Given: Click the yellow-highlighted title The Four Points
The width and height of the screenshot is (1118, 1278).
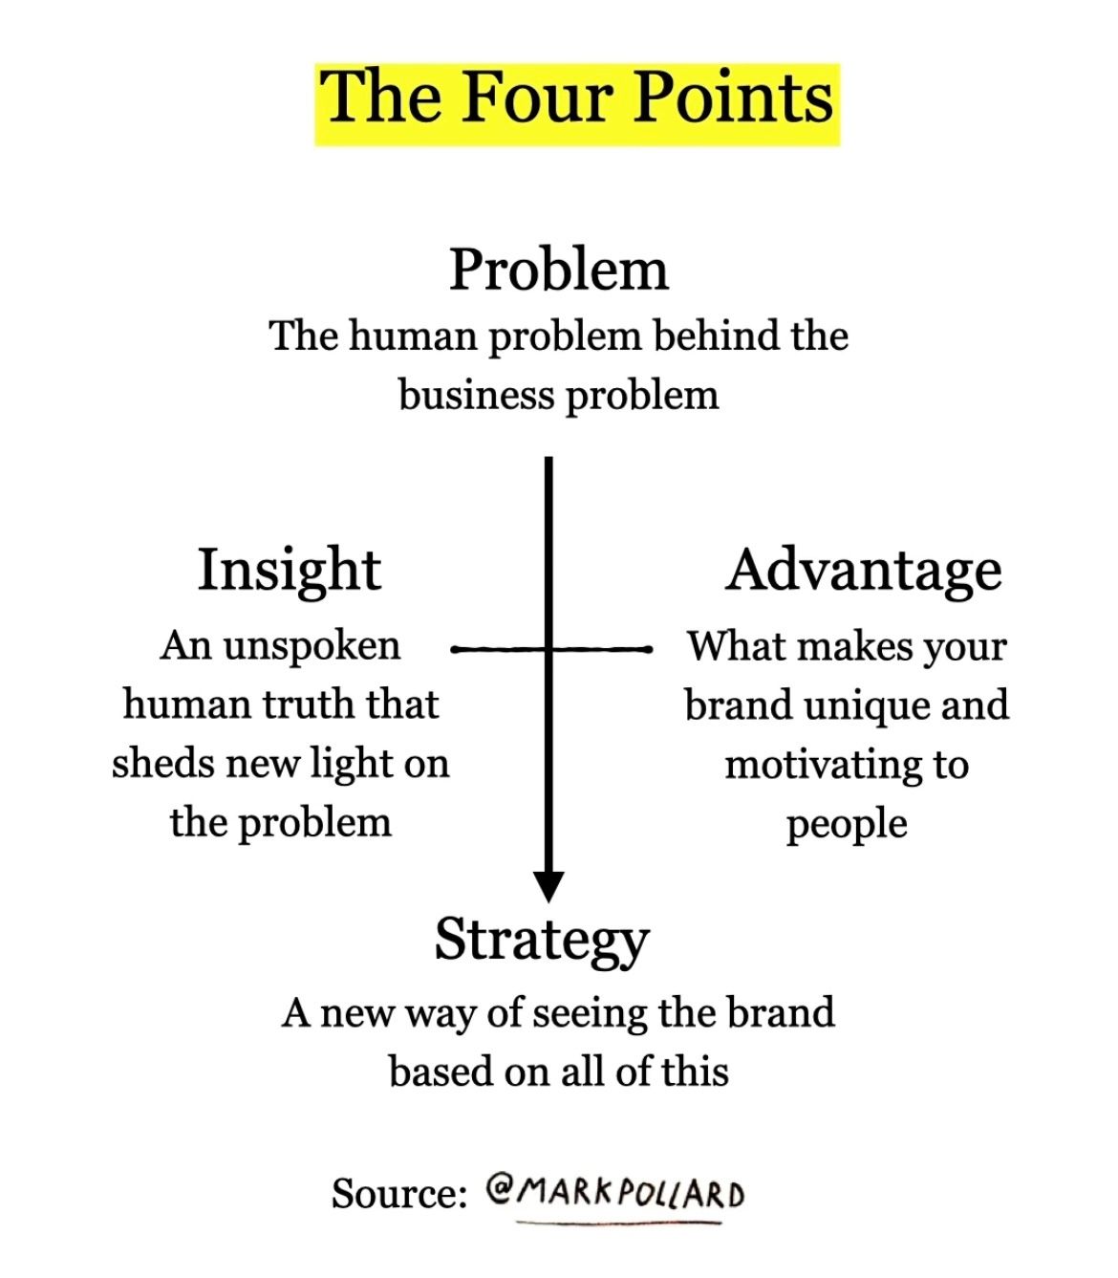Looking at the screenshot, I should point(577,100).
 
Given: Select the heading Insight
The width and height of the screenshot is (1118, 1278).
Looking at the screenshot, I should point(289,571).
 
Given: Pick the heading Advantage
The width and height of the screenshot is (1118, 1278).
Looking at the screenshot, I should point(864,571).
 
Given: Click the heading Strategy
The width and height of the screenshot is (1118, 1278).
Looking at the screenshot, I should point(541,941).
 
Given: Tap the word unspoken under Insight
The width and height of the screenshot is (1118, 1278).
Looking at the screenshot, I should point(312,645).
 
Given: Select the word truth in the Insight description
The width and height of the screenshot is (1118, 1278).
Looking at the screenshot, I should point(298,704).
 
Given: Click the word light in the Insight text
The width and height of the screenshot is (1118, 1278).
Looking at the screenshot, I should point(350,765).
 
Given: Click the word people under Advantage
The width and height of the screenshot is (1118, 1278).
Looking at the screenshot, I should point(847,824).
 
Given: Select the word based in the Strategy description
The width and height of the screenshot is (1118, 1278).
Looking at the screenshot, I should point(440,1072).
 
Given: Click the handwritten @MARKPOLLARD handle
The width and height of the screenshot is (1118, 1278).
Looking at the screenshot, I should point(615,1193).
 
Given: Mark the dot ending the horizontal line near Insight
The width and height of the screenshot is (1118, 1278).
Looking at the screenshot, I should point(454,650).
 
